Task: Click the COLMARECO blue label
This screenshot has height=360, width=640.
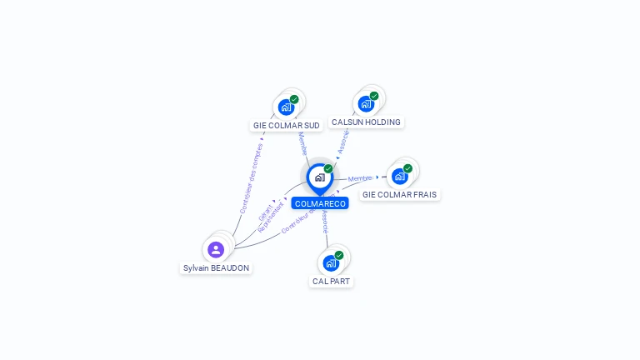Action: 320,203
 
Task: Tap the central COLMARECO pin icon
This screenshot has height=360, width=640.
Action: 320,177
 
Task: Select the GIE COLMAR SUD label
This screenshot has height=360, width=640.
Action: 287,126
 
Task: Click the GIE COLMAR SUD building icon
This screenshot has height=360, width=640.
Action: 287,107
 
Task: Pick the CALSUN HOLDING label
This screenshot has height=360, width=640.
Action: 366,122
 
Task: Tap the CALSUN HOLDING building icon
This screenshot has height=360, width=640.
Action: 366,103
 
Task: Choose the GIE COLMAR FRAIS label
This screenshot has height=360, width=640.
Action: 399,195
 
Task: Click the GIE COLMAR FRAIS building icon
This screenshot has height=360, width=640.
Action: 400,176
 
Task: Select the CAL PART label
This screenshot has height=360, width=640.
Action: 331,282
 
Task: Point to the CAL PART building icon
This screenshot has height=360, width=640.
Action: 331,262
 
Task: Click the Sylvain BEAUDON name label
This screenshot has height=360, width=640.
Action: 217,268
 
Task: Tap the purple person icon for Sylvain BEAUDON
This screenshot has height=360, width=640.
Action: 216,249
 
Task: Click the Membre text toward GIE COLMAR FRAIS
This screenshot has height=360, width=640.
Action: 360,178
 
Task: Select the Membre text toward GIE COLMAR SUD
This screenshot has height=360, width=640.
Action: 302,143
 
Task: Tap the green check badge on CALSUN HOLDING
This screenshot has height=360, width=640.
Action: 374,96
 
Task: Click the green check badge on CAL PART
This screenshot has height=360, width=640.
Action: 339,255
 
